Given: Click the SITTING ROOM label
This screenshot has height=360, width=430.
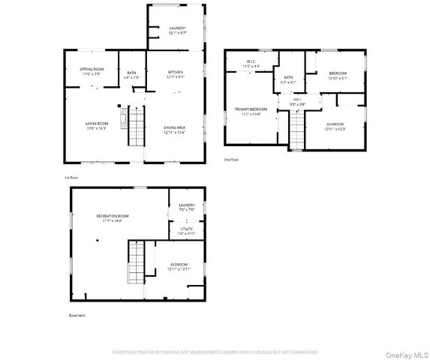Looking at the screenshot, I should tap(92, 68).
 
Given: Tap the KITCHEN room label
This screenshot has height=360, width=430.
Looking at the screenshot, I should tap(175, 72).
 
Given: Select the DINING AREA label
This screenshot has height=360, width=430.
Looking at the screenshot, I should tap(175, 127).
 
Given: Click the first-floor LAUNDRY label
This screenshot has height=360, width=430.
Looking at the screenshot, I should tap(177, 28).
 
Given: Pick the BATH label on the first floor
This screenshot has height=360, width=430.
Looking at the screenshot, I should tap(131, 72).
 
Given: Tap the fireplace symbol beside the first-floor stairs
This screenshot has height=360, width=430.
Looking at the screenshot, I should tap(119, 107).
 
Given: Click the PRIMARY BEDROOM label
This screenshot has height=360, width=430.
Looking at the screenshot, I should tap(251, 109).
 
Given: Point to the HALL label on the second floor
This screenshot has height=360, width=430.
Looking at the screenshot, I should tap(296, 99).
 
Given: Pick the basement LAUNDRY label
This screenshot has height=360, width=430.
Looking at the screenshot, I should tap(186, 205).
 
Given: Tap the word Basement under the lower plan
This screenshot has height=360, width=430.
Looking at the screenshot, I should tap(77, 315).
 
